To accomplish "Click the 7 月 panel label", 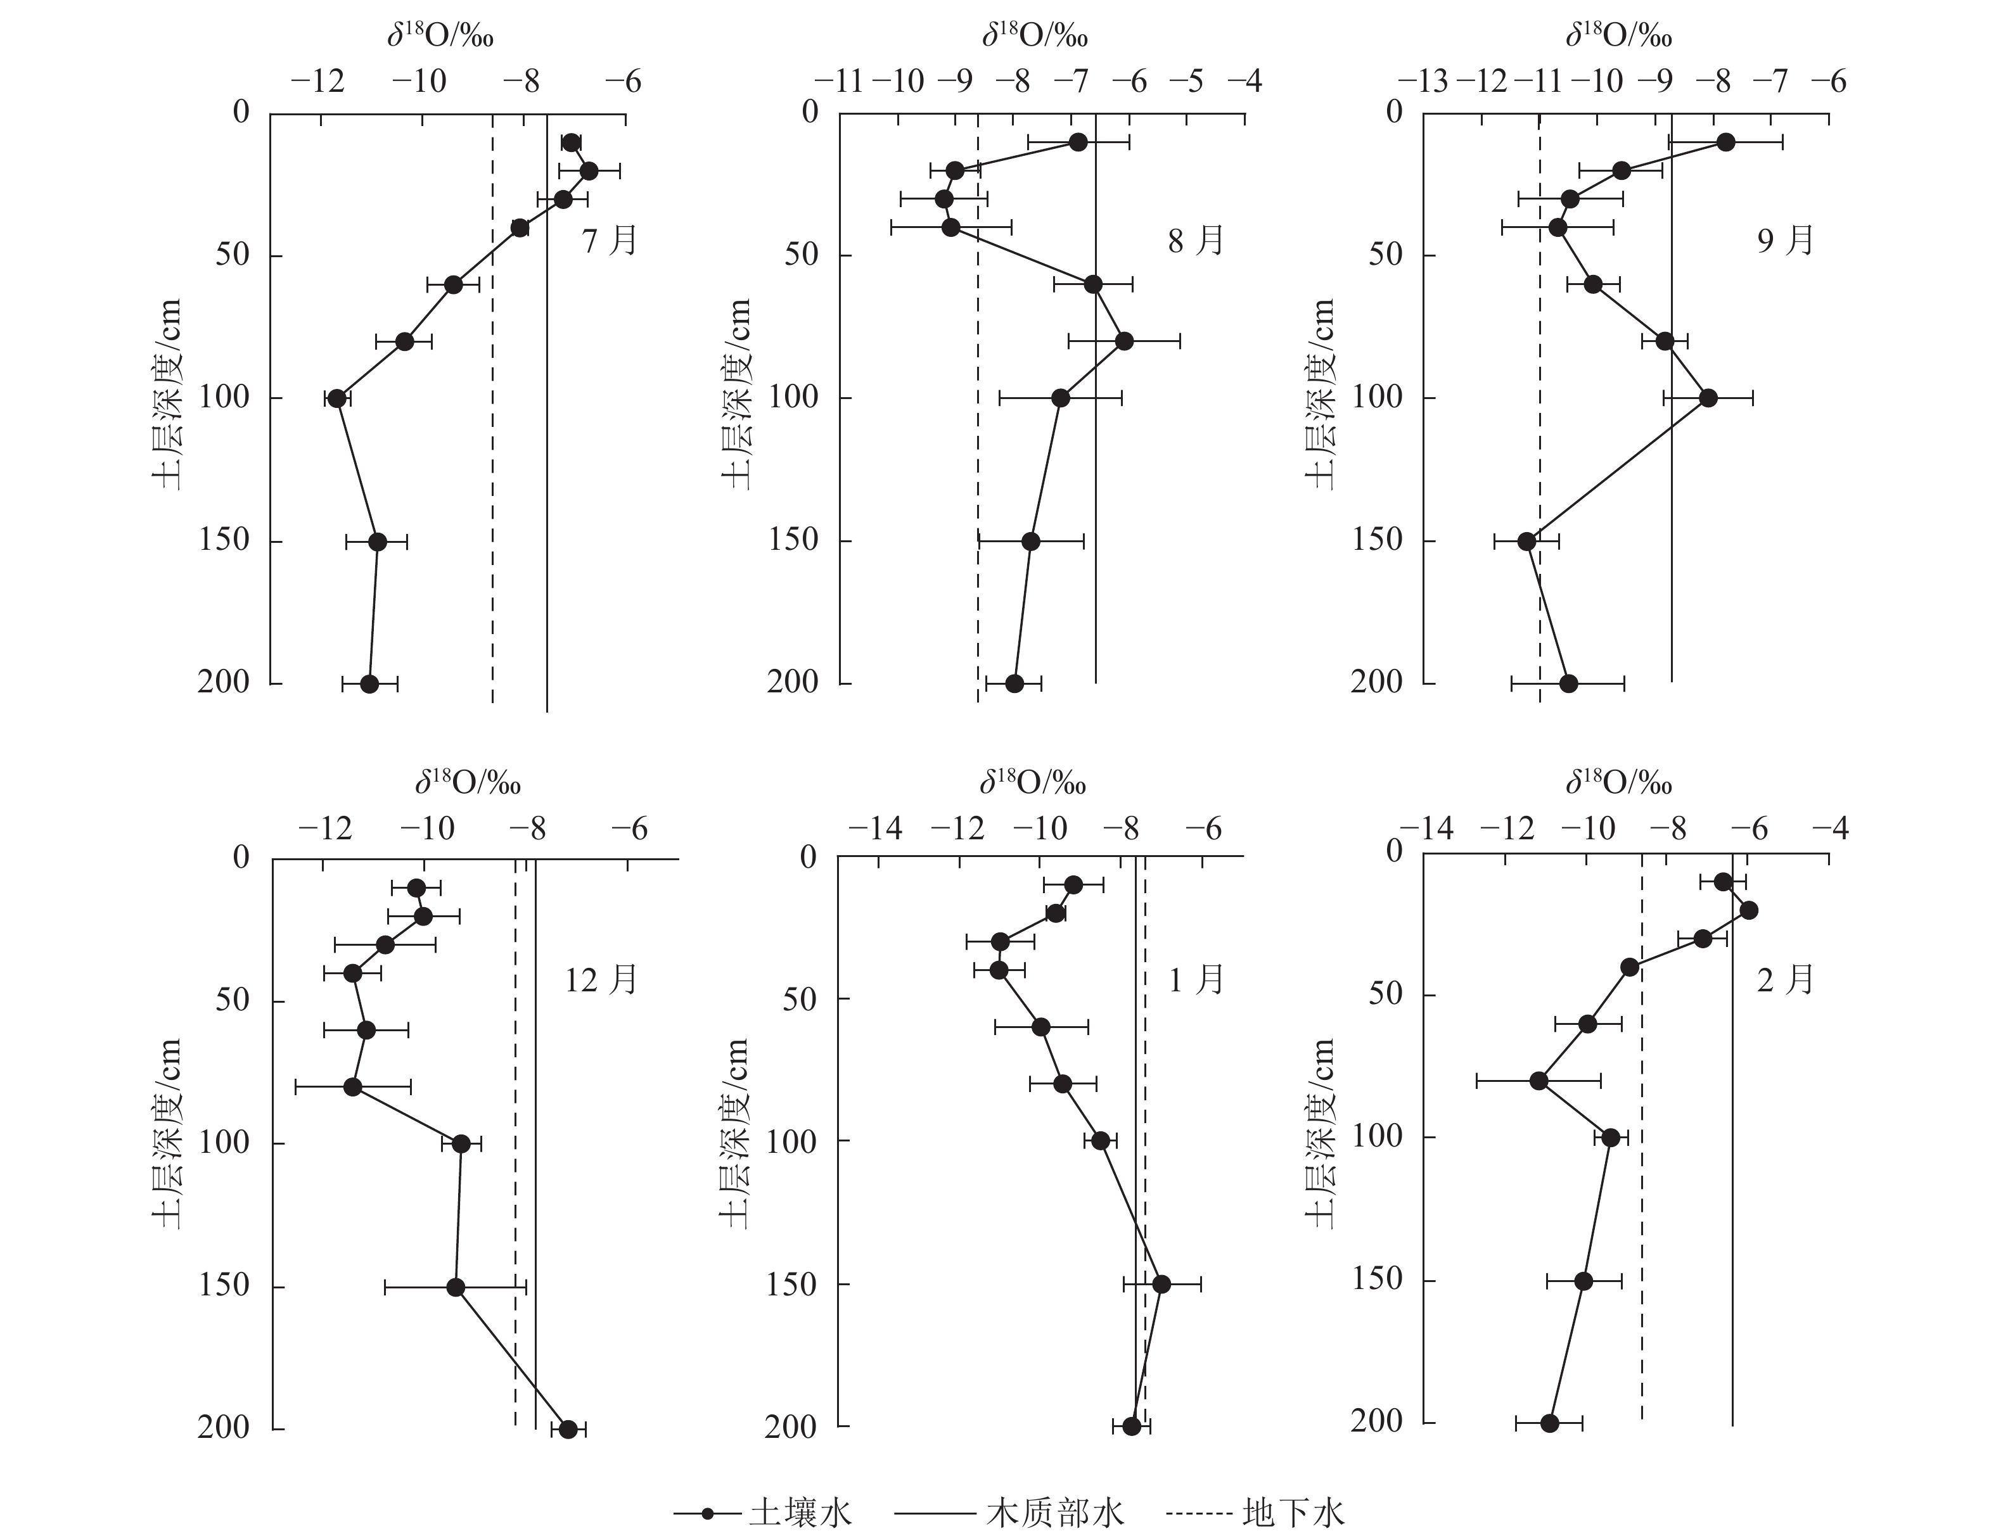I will (x=610, y=241).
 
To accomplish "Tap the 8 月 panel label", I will (x=1196, y=241).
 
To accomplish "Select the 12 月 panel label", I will (x=601, y=981).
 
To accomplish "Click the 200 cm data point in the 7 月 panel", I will (x=369, y=683).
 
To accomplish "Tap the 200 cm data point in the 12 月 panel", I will (x=568, y=1429).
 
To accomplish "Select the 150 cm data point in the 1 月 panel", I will (x=1161, y=1284).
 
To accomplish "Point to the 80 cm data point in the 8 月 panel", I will (x=1123, y=341).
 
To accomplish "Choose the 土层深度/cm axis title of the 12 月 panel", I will (x=167, y=1134).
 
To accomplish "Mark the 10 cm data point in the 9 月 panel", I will (x=1725, y=142).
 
